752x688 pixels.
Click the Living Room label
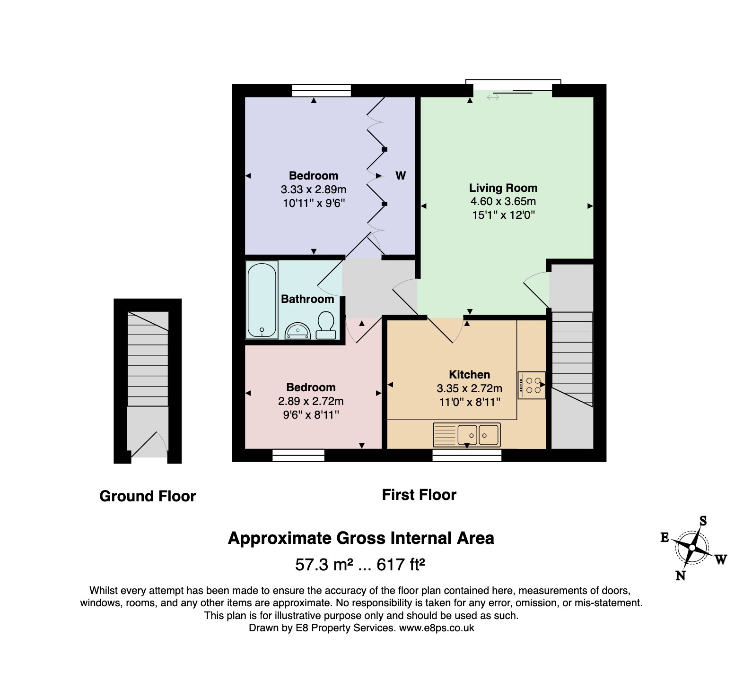point(503,188)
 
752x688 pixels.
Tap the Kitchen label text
point(469,375)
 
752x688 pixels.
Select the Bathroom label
point(307,299)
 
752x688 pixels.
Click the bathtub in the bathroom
point(262,299)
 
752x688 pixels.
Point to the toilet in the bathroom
point(325,325)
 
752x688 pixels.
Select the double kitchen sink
point(466,435)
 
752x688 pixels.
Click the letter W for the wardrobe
point(401,176)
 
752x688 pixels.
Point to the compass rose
point(692,548)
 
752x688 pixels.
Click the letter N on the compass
point(681,575)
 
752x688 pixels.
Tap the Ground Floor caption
point(148,496)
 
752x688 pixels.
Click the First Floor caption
point(419,495)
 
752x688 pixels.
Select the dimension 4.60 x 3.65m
point(503,201)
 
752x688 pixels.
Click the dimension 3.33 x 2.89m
point(314,189)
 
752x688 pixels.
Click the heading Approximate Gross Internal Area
point(361,538)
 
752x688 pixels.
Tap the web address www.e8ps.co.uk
point(437,628)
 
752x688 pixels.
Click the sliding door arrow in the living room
point(493,97)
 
